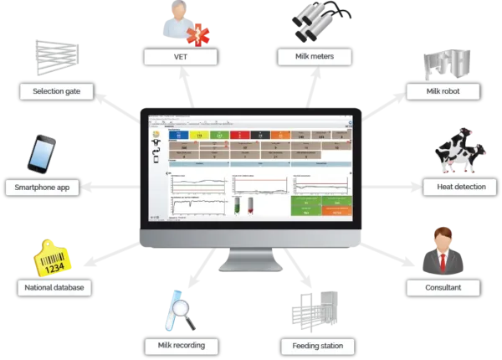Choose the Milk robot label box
[x=442, y=90]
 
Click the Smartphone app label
[x=44, y=188]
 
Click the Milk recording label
[x=181, y=344]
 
